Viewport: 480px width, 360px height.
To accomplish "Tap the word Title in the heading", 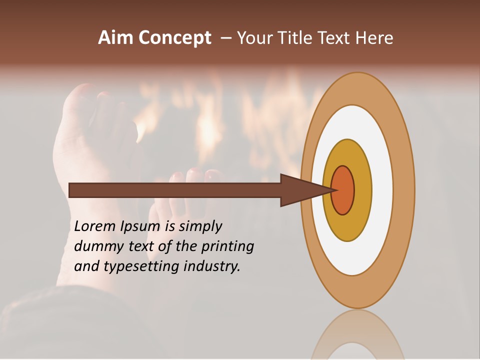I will [292, 38].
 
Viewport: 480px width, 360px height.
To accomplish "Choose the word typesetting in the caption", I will [135, 267].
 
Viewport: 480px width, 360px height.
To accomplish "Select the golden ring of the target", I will [363, 190].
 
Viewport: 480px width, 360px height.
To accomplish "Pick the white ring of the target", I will [382, 190].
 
